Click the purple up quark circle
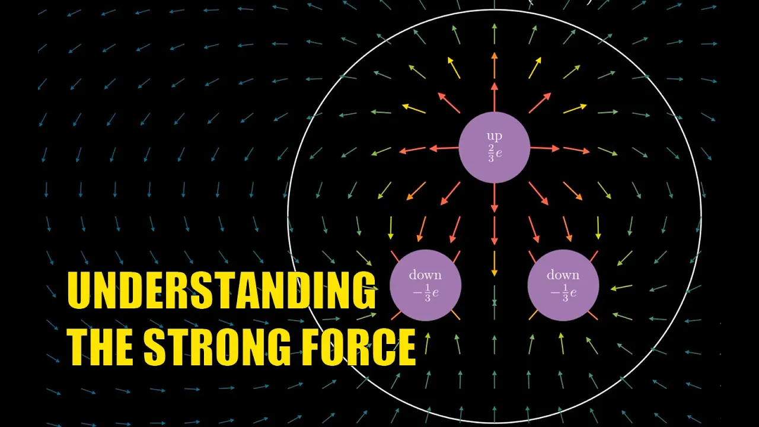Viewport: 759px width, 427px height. [494, 147]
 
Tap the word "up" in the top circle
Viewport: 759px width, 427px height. [494, 136]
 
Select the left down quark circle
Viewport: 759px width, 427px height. [425, 285]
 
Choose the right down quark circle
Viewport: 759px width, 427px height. [563, 285]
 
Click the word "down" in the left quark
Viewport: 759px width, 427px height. [425, 275]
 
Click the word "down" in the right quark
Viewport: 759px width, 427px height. [563, 275]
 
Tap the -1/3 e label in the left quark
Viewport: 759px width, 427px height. [425, 294]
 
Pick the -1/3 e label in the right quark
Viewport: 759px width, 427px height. [563, 294]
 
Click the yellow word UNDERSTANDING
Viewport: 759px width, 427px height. [221, 291]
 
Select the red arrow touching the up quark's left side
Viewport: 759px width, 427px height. [442, 148]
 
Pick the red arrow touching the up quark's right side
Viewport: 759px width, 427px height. [545, 148]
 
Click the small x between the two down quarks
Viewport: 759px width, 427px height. [494, 302]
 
